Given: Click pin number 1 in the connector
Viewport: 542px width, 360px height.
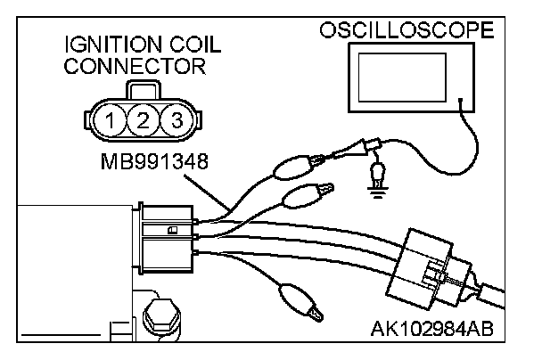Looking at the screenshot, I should click(111, 119).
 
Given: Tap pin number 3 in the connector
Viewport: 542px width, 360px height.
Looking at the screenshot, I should click(177, 119).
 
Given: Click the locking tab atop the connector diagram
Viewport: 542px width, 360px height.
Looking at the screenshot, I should click(144, 90).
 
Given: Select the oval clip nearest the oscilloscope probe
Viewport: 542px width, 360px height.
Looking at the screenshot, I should click(293, 166).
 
